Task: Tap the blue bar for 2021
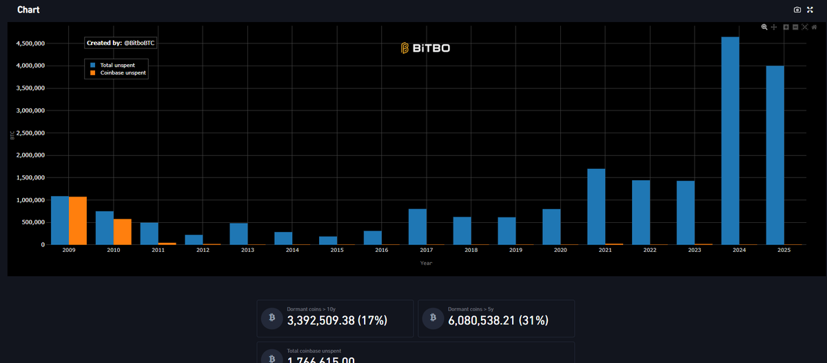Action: [x=596, y=207]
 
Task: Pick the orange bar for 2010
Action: [x=123, y=232]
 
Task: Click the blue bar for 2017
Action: [x=417, y=227]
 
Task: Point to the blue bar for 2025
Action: [x=775, y=155]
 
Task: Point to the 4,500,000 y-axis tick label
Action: [x=30, y=43]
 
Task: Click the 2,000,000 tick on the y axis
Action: [x=30, y=155]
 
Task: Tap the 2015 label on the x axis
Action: [x=336, y=250]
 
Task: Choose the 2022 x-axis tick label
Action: [x=649, y=250]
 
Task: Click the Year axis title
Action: [x=426, y=263]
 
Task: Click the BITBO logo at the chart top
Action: [x=426, y=48]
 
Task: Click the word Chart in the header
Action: [x=28, y=10]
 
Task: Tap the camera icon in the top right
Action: [x=797, y=10]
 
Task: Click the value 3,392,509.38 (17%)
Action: [x=337, y=320]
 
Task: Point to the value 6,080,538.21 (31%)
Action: [x=498, y=320]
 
